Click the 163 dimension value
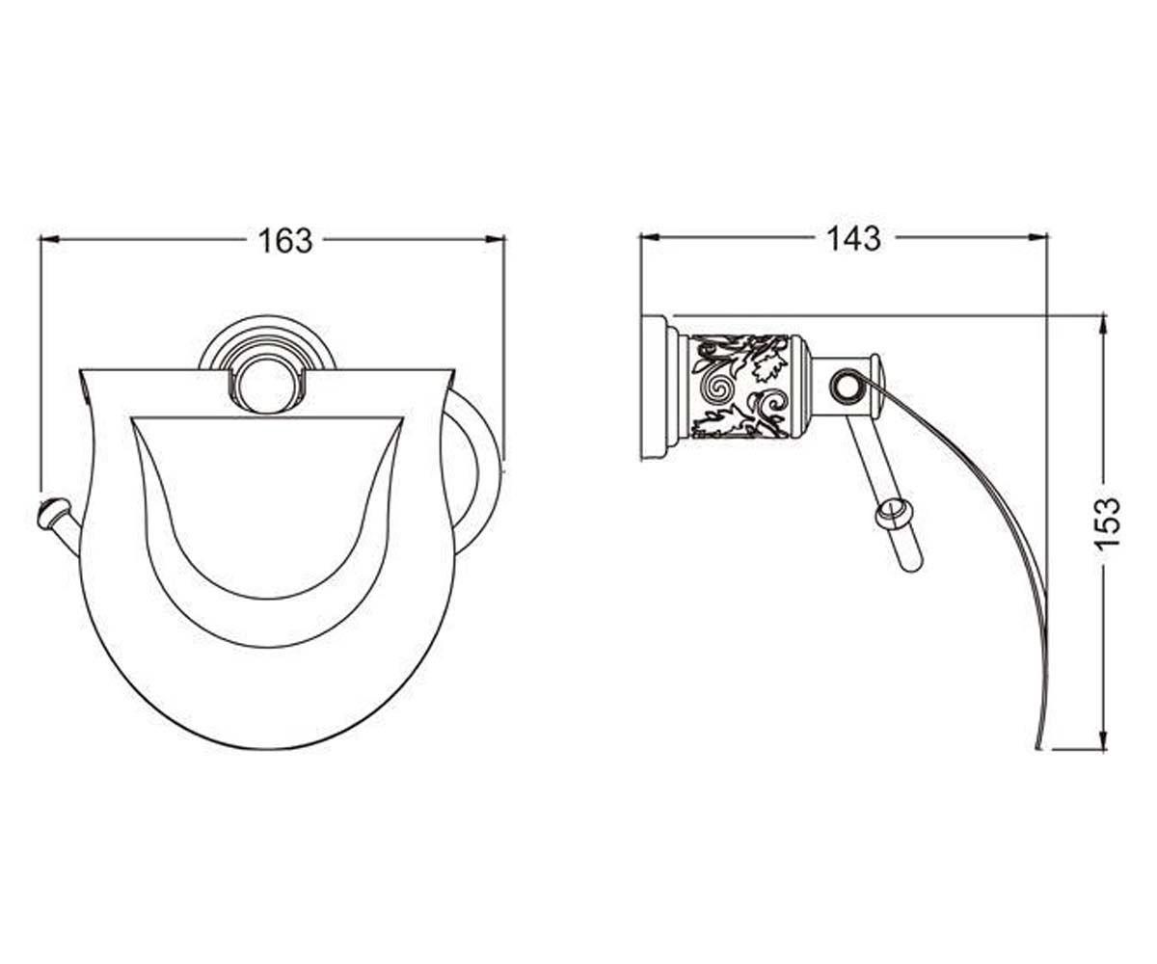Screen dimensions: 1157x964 click(x=285, y=240)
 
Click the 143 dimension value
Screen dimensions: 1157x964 click(x=854, y=238)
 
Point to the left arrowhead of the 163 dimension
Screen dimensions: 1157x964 click(x=50, y=239)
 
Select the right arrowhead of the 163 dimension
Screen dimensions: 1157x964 click(x=495, y=239)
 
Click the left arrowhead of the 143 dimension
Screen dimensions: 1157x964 click(x=650, y=237)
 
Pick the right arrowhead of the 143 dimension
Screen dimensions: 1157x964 click(x=1037, y=237)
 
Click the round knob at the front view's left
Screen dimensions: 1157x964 click(x=53, y=513)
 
